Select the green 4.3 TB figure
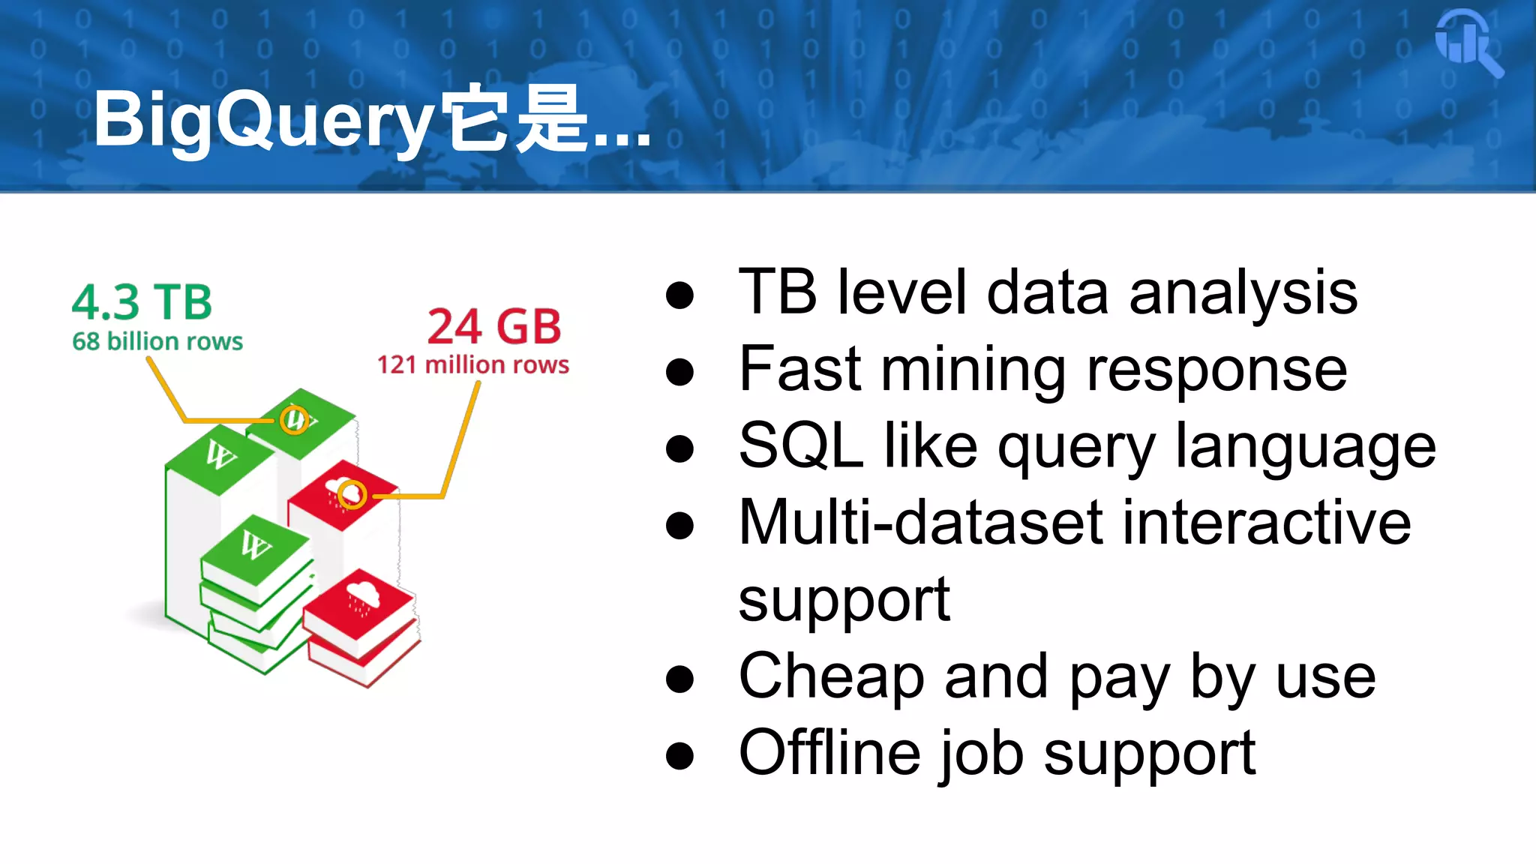pos(142,302)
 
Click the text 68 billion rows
pos(157,341)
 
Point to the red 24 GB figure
pos(494,326)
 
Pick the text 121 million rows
pos(472,364)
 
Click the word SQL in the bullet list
pos(800,445)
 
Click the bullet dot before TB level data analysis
pos(679,294)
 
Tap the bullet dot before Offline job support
pos(679,755)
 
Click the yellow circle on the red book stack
pos(351,494)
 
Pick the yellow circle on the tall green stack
pos(294,420)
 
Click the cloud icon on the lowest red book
pos(363,597)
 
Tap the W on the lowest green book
pos(255,544)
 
